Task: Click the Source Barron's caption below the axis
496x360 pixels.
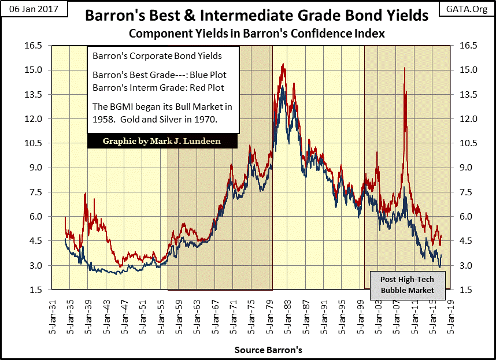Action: [x=268, y=350]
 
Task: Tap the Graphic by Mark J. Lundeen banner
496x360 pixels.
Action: [x=153, y=141]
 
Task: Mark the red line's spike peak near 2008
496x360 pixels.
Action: [x=404, y=68]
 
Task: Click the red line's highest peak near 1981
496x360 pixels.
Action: [x=283, y=64]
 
